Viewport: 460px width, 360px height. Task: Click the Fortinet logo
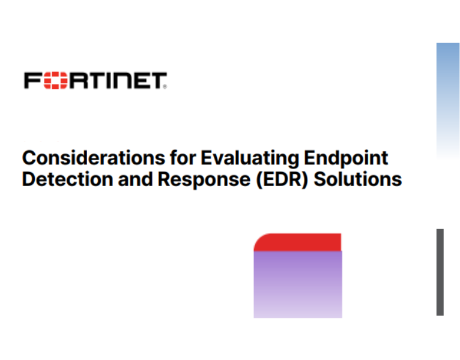95,80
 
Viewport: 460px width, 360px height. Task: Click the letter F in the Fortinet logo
32,80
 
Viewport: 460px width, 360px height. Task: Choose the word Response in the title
192,179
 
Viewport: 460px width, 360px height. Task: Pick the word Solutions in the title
359,179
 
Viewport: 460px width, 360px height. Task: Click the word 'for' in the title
183,158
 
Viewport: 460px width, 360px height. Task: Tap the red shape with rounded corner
298,242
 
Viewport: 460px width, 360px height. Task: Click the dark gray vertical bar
440,272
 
